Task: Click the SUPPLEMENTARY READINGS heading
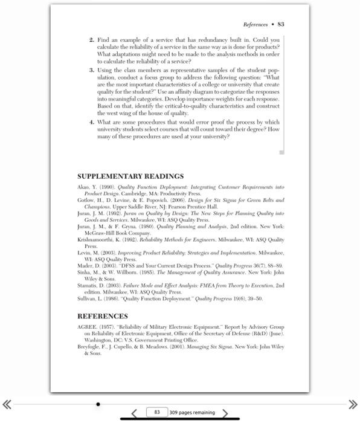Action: click(130, 176)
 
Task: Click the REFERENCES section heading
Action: click(103, 315)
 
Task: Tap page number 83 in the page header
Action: click(281, 25)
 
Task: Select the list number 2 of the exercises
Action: click(92, 40)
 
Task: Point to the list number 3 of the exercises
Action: click(92, 70)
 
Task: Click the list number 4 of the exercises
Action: click(92, 121)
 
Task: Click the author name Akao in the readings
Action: click(84, 188)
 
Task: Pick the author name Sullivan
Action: click(88, 299)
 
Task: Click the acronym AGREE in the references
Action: click(87, 326)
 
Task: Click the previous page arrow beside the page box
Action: click(135, 413)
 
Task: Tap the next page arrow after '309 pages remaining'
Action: click(225, 413)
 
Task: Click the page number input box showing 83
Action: click(156, 412)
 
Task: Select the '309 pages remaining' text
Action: click(192, 413)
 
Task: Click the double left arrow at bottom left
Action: click(7, 404)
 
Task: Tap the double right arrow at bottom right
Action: click(353, 404)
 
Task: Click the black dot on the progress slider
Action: click(98, 404)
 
